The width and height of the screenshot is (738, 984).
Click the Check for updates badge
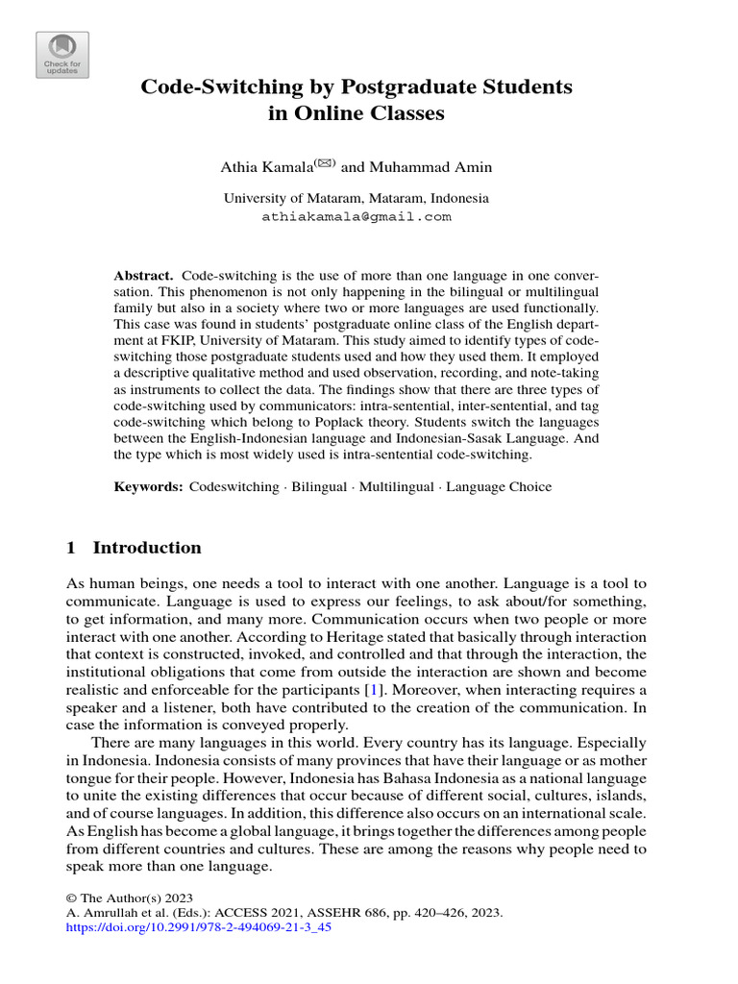pyautogui.click(x=62, y=55)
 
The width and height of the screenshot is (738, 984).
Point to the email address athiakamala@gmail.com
pyautogui.click(x=356, y=217)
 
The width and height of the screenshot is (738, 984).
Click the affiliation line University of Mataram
pyautogui.click(x=356, y=198)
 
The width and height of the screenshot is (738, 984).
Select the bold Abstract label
pyautogui.click(x=143, y=275)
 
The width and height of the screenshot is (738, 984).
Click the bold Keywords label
pyautogui.click(x=148, y=487)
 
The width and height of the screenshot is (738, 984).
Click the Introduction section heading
pyautogui.click(x=147, y=548)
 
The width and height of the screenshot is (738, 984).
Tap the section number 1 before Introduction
pyautogui.click(x=71, y=548)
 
